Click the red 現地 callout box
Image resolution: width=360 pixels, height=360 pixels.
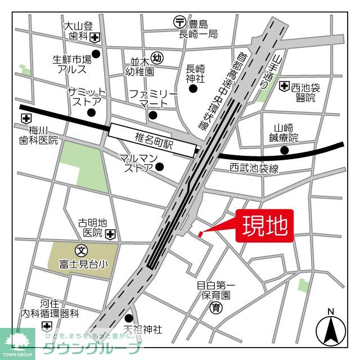[x=265, y=226]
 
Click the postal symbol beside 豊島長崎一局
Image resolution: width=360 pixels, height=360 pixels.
[x=178, y=22]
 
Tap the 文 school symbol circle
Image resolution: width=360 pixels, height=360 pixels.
[x=81, y=249]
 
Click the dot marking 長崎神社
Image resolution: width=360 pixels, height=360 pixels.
[x=193, y=88]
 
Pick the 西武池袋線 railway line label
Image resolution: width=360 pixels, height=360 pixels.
[x=254, y=168]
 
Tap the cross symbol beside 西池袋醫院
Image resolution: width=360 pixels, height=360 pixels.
[x=284, y=86]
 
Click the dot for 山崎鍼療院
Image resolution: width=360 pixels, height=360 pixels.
[x=285, y=150]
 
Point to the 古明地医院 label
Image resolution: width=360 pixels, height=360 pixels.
[x=90, y=227]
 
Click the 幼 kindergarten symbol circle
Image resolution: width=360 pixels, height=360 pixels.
[x=158, y=57]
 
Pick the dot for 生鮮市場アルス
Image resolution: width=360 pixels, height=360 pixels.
[x=96, y=54]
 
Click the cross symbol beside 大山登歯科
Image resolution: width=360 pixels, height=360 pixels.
[x=95, y=38]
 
